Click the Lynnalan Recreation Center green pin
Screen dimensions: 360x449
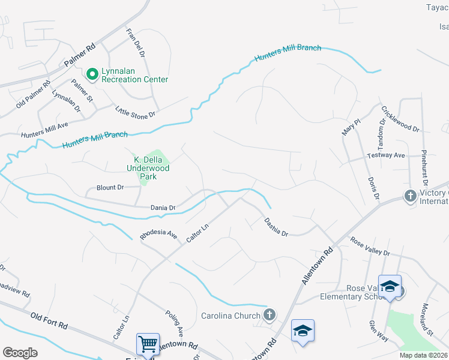click(x=92, y=74)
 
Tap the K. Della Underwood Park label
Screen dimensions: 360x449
click(x=151, y=169)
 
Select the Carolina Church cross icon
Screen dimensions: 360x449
click(x=270, y=314)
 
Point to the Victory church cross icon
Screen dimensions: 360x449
click(x=410, y=196)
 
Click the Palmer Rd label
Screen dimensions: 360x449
click(x=80, y=55)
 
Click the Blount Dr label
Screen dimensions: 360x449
click(x=110, y=188)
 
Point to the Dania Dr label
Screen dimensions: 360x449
click(x=163, y=208)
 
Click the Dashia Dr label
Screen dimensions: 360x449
click(x=277, y=226)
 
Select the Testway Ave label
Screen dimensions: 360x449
click(x=386, y=156)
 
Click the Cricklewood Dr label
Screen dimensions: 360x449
click(x=400, y=119)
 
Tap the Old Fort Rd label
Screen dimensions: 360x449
click(x=49, y=320)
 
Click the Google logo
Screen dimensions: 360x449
click(x=20, y=353)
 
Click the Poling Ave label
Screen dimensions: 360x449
click(x=175, y=323)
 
